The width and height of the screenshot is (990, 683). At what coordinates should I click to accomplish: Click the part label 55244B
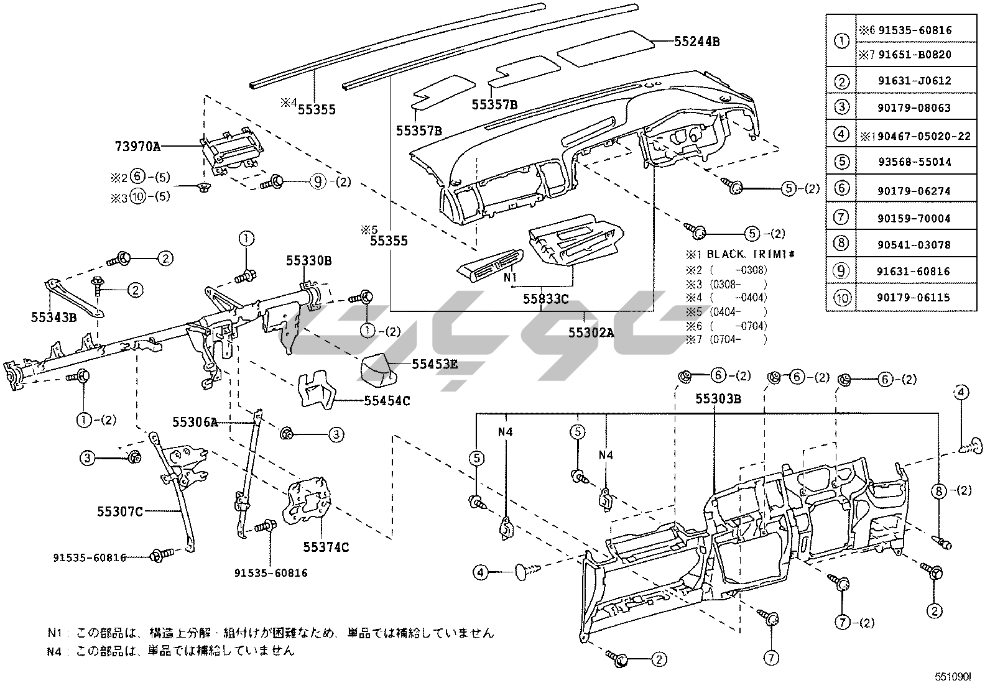tap(697, 42)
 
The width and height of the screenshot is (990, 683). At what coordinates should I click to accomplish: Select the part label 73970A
tap(137, 147)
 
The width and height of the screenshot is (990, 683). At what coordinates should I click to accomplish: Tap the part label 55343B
tap(54, 317)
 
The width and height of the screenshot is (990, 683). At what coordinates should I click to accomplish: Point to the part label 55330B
tap(308, 261)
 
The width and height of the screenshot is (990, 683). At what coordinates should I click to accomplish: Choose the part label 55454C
tap(387, 401)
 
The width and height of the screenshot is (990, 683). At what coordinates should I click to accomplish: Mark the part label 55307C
tap(120, 511)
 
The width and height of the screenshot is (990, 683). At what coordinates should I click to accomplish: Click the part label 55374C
tap(326, 547)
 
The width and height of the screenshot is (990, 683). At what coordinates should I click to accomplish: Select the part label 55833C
tap(545, 299)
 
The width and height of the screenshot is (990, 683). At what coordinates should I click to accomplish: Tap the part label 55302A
tap(591, 332)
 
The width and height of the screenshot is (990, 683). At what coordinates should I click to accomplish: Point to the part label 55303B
tap(718, 399)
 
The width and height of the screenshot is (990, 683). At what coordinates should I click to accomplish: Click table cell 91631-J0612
tap(914, 81)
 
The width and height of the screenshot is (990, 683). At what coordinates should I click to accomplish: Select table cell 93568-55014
tap(914, 162)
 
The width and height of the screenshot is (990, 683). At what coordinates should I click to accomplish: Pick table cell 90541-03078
tap(914, 245)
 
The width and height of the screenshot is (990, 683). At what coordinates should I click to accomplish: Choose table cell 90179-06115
tap(914, 298)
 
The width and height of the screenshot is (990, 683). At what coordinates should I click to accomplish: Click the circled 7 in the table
tap(841, 218)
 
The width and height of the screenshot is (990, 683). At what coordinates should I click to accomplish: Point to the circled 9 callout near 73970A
tap(318, 182)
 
